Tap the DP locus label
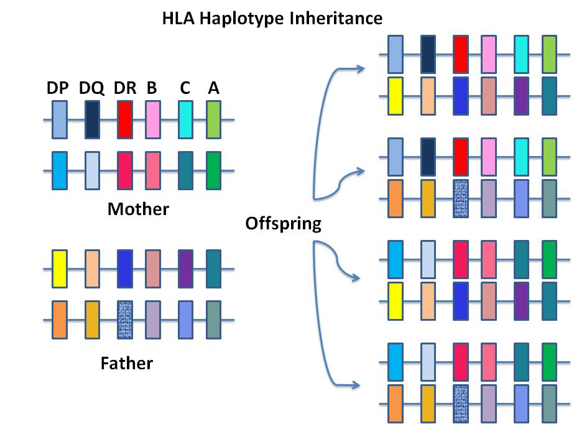tap(58, 89)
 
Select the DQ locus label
tap(91, 89)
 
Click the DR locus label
tap(125, 89)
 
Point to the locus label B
tap(152, 89)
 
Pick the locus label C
tap(185, 89)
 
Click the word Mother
tap(138, 209)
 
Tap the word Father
tap(127, 362)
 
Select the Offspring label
tap(283, 223)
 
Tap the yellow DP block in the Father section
tap(59, 269)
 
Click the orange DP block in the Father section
tap(59, 320)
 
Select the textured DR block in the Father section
tap(124, 320)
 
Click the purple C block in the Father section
tap(185, 269)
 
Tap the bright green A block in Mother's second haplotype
tap(213, 170)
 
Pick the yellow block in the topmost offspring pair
tap(395, 96)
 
